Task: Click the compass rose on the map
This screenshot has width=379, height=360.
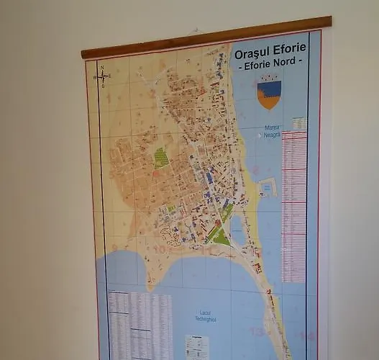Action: point(101,76)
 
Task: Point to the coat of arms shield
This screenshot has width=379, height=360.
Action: point(269,93)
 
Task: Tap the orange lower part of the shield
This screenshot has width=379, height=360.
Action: point(269,102)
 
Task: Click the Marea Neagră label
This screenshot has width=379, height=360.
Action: point(271,131)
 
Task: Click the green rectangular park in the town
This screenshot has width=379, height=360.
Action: point(161,158)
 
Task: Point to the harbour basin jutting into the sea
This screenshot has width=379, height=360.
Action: point(267,187)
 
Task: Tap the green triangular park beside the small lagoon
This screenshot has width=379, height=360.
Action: point(220,237)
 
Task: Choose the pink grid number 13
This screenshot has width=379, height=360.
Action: point(256,332)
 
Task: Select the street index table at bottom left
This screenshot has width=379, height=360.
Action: point(140,323)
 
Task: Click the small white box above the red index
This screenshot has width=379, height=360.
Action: point(299,124)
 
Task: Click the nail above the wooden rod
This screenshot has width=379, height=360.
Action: point(196,30)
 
